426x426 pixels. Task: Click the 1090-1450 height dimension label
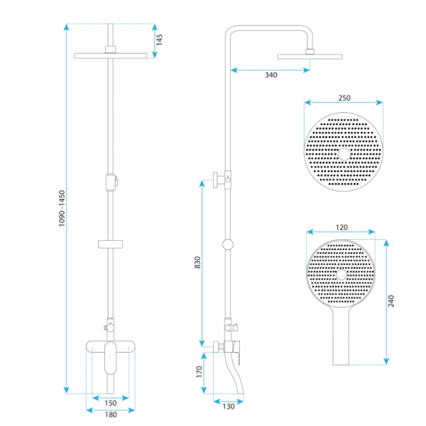(x=62, y=208)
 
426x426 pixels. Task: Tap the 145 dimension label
(x=160, y=40)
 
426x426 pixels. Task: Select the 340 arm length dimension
(x=271, y=75)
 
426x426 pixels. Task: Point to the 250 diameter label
(x=344, y=98)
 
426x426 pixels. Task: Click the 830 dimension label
(x=197, y=262)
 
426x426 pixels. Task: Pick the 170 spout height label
(x=199, y=371)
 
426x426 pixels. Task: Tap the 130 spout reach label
(x=228, y=406)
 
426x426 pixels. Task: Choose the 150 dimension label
(x=111, y=403)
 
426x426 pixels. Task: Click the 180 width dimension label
(x=111, y=415)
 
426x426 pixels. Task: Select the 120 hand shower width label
(x=342, y=227)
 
